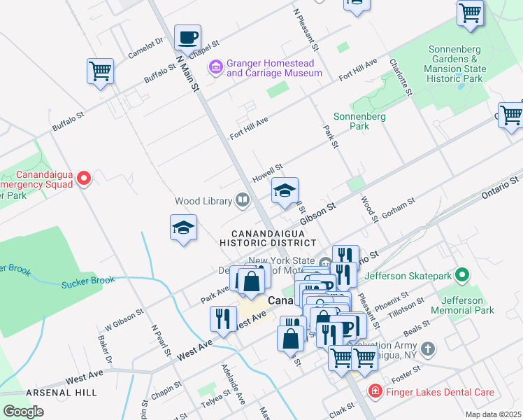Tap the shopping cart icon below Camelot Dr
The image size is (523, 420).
click(100, 71)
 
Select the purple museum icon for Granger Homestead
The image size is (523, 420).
click(215, 67)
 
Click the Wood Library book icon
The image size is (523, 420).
click(243, 201)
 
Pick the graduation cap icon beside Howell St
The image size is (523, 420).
click(285, 191)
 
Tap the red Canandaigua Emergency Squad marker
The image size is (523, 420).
click(84, 178)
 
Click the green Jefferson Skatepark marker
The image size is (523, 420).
click(461, 276)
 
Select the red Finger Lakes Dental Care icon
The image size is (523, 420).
click(375, 392)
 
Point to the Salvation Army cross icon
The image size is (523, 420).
click(429, 348)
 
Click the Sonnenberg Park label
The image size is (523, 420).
click(360, 121)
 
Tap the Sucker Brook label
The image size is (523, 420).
click(87, 281)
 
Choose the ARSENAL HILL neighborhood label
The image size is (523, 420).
click(62, 393)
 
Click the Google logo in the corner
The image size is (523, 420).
click(23, 412)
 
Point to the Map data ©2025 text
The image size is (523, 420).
click(493, 414)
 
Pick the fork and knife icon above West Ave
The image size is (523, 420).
click(223, 319)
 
